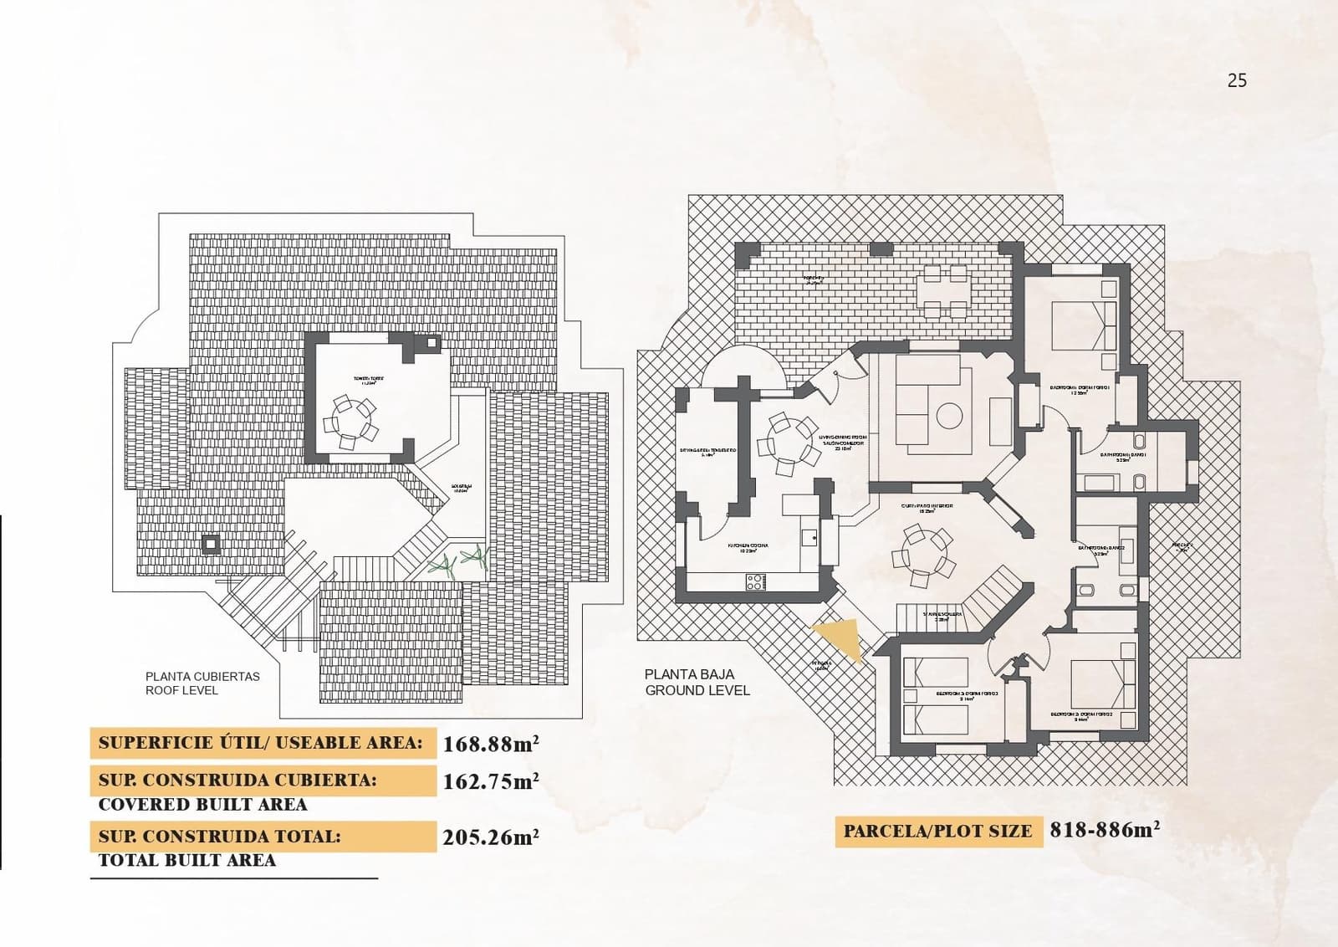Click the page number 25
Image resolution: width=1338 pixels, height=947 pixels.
[1237, 80]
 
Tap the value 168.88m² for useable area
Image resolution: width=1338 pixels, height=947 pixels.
[490, 743]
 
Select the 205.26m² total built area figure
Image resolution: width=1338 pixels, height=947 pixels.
[490, 837]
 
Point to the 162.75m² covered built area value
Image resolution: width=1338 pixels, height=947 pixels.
[490, 781]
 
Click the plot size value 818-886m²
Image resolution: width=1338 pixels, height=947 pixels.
[1105, 830]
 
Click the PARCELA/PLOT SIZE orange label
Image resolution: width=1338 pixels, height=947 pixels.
[937, 832]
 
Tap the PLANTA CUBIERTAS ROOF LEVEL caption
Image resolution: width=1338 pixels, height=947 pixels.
[202, 683]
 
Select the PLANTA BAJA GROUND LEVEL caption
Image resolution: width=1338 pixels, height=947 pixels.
[697, 682]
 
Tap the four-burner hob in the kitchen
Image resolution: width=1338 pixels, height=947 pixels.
[755, 580]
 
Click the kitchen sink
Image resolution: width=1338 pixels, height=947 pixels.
[809, 538]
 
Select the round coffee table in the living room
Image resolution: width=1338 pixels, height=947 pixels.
[950, 415]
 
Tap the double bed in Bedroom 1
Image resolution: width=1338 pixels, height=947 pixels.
[1083, 325]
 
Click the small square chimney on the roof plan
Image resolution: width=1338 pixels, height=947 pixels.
[211, 545]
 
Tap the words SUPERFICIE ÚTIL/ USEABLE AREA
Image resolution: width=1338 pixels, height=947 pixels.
[260, 742]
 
